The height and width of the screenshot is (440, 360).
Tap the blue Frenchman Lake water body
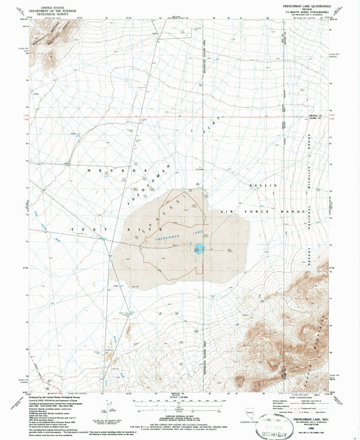tap(198, 250)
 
